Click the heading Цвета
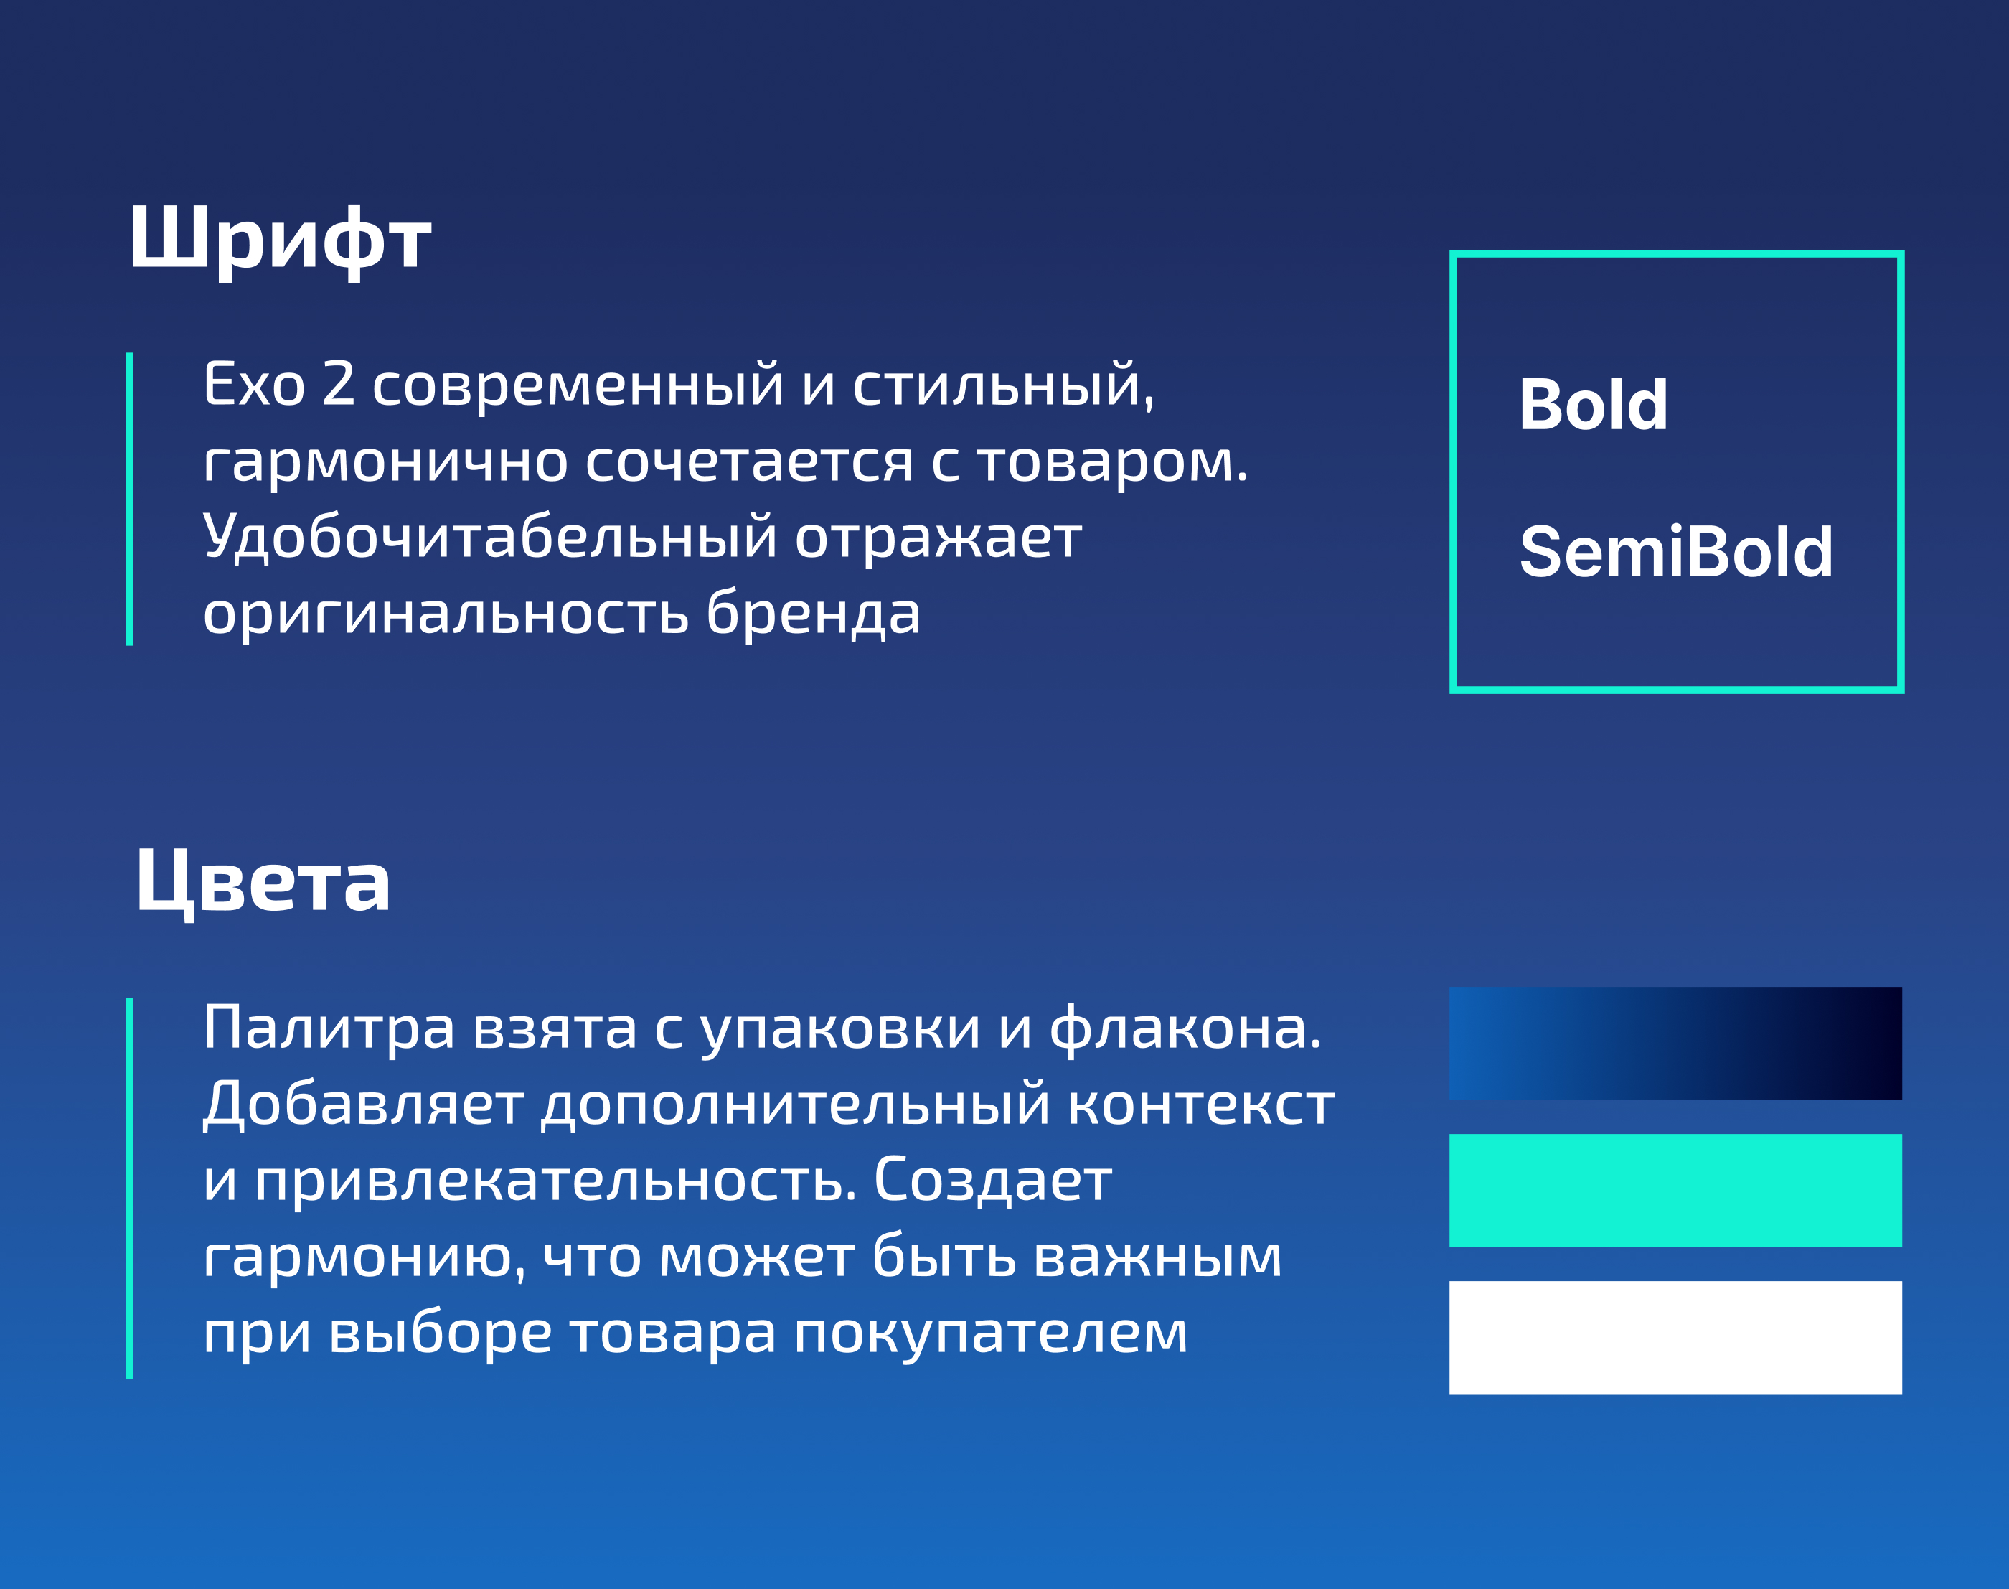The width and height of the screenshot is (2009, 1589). (263, 883)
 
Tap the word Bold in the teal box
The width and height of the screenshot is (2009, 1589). (1594, 405)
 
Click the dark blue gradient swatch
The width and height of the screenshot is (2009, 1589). (1675, 1043)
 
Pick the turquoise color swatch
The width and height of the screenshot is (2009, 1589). (1675, 1190)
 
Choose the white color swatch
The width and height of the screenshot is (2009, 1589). (1675, 1337)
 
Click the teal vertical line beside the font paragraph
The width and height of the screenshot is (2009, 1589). (129, 499)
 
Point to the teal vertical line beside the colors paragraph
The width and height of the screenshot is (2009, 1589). (129, 1188)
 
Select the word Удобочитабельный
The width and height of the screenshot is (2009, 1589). (490, 537)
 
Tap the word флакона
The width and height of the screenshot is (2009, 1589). (1185, 1027)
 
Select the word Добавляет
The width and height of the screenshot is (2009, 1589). (363, 1105)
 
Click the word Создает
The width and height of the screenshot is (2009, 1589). (992, 1180)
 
